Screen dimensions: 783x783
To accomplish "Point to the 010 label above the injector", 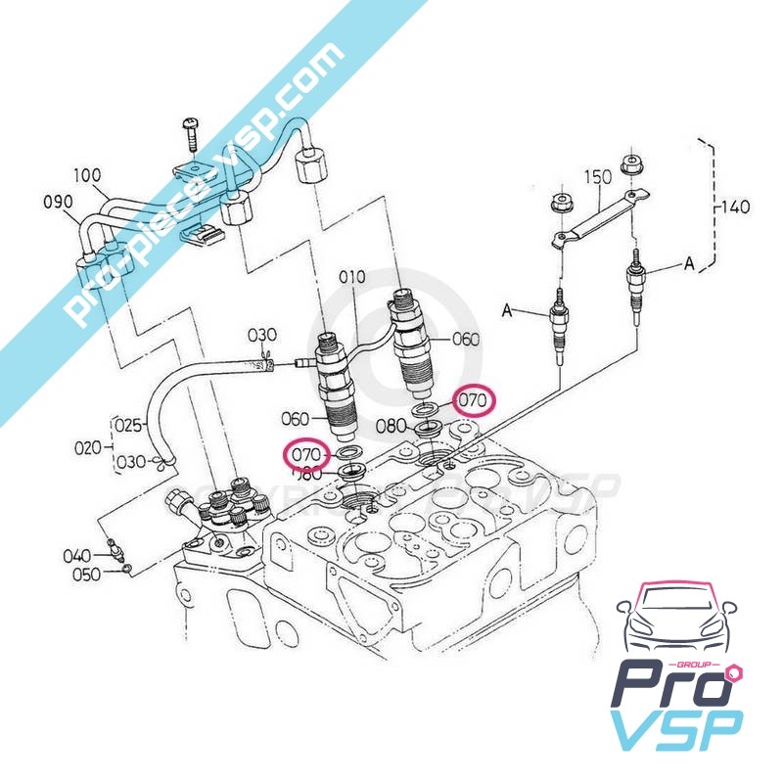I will [x=351, y=278].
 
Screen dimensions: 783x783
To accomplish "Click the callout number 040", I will [x=77, y=556].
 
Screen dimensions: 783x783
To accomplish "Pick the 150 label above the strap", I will [x=598, y=177].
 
